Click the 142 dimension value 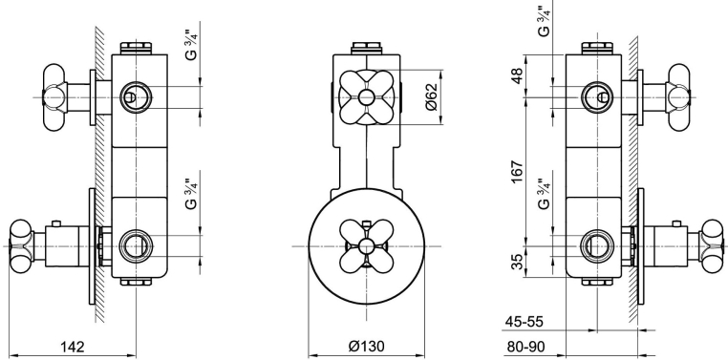73,346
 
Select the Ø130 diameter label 367,346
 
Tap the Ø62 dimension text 431,97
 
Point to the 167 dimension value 518,172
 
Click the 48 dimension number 518,74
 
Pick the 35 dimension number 518,262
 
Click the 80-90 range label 524,346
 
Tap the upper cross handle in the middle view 366,97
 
